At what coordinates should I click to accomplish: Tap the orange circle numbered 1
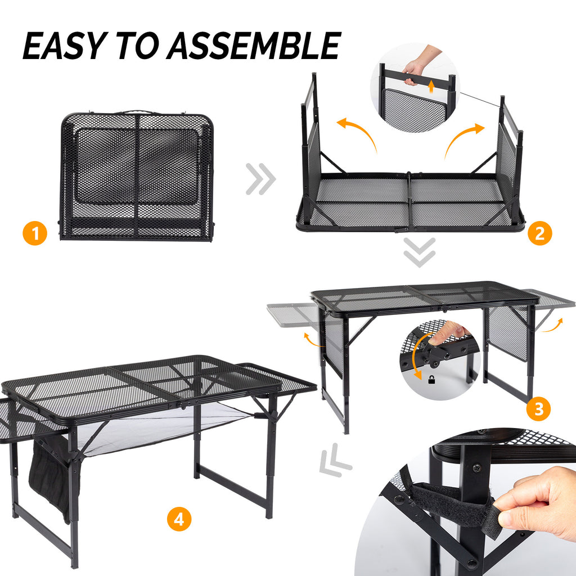pos(35,234)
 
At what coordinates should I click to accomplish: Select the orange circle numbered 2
pos(539,233)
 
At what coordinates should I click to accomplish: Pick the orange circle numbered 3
pos(539,409)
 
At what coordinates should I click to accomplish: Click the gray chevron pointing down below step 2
pos(420,252)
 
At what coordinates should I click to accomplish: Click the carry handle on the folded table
pos(137,112)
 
